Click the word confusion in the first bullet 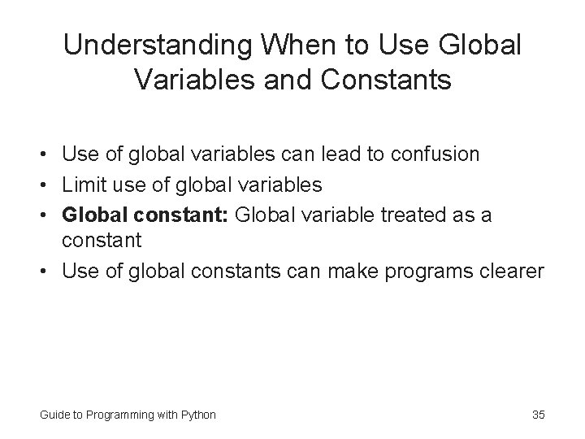(435, 154)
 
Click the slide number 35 (538, 415)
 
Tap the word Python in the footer (199, 415)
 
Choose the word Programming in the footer (117, 415)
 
